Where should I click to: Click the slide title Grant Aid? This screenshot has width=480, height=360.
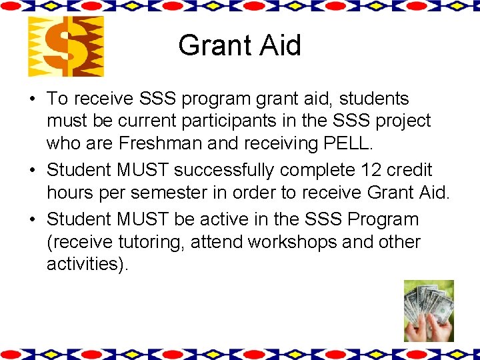coord(239,45)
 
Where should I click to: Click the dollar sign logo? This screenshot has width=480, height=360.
coord(65,47)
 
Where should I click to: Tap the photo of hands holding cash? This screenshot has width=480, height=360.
coord(429,311)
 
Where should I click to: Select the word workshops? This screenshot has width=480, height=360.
coord(293,241)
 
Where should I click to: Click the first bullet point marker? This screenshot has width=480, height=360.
coord(32,99)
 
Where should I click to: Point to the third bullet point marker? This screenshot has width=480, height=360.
coord(32,219)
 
